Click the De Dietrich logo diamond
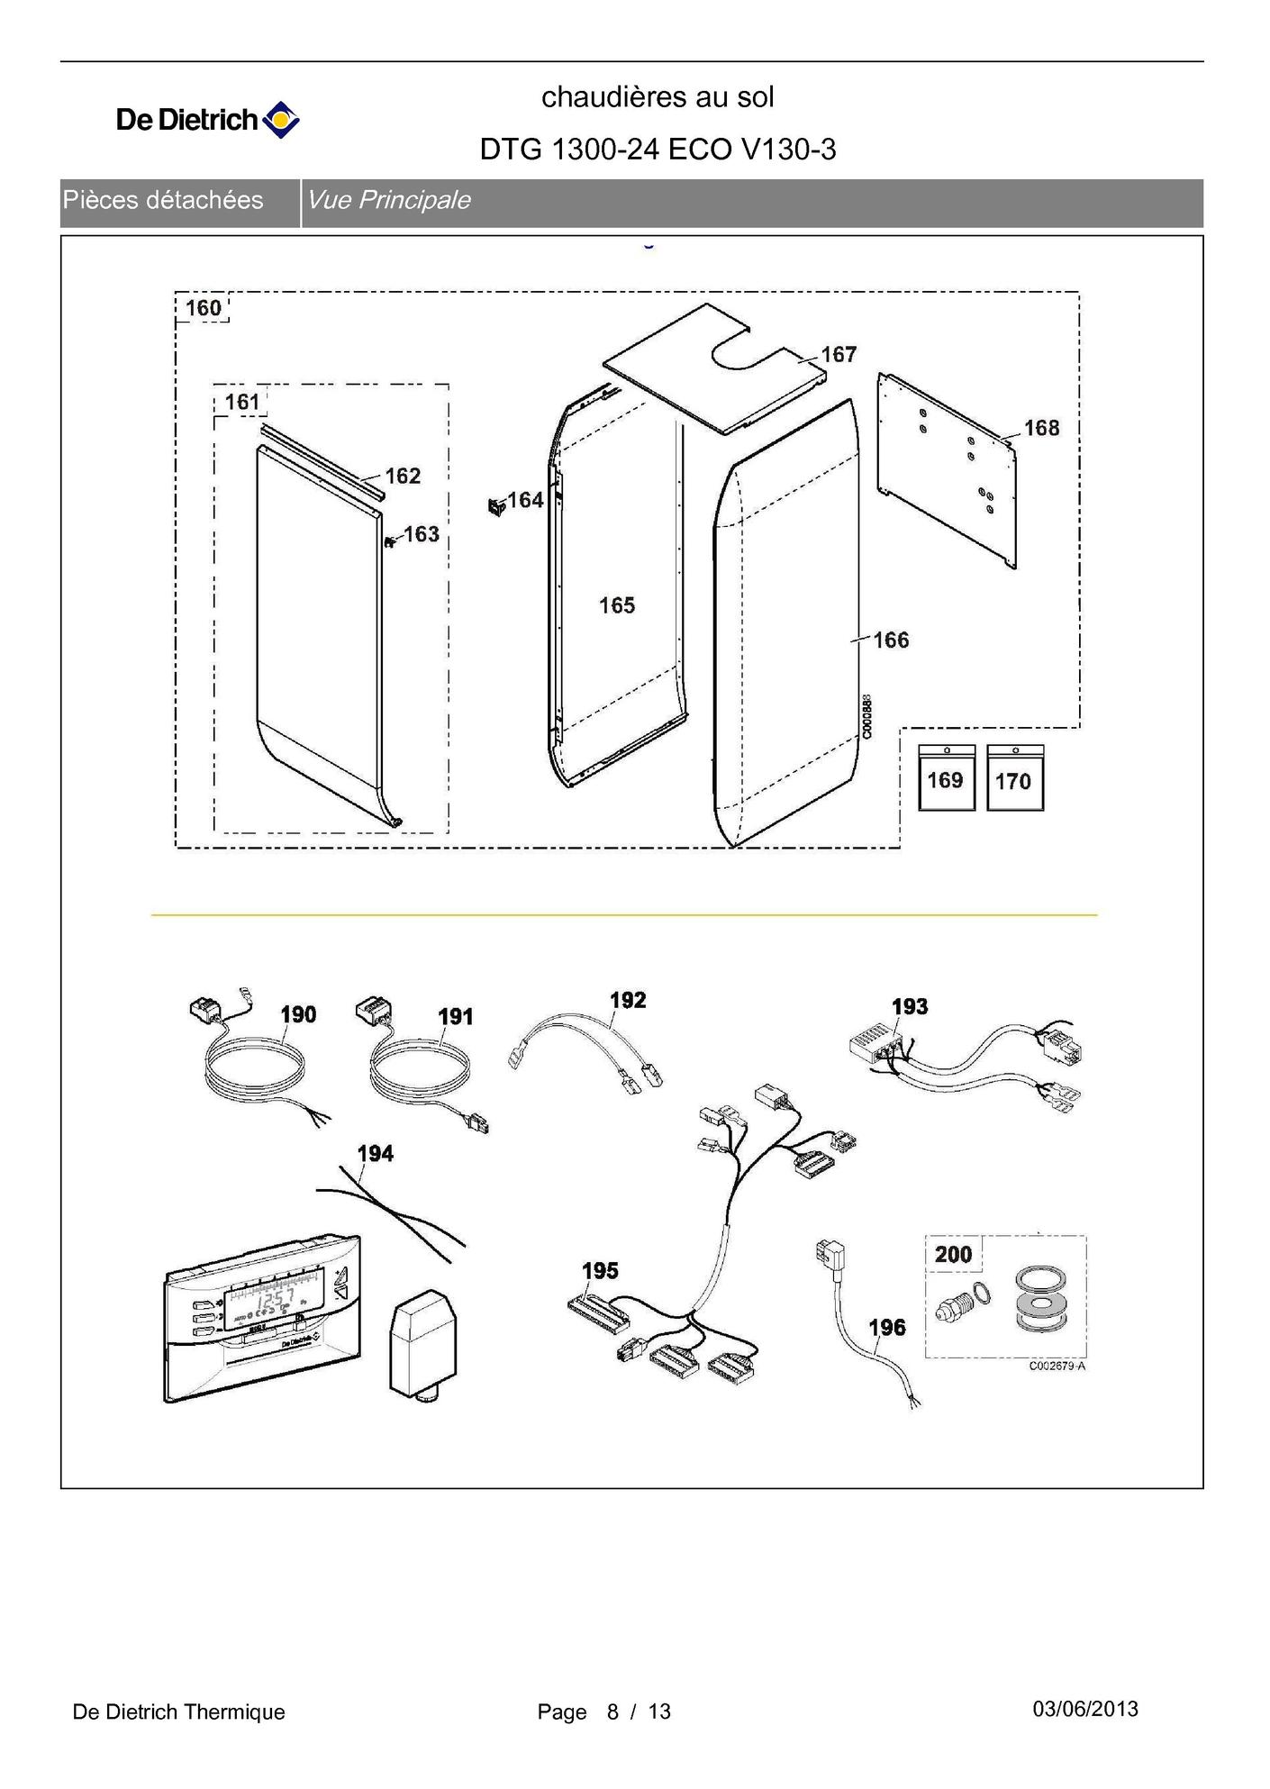pos(280,120)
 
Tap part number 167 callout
pos(838,355)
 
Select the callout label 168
pos(1041,428)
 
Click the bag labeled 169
pos(946,778)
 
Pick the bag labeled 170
pos(1014,779)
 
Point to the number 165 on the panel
pos(617,605)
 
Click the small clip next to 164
pos(494,506)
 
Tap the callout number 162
pos(403,476)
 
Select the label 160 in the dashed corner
pos(203,308)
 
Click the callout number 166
pos(891,640)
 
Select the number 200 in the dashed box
pos(953,1254)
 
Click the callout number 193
pos(910,1006)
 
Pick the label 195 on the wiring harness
pos(600,1271)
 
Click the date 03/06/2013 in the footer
pos(1085,1709)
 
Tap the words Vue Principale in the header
pos(388,200)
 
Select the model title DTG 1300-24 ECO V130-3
pos(658,150)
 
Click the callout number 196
pos(886,1327)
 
